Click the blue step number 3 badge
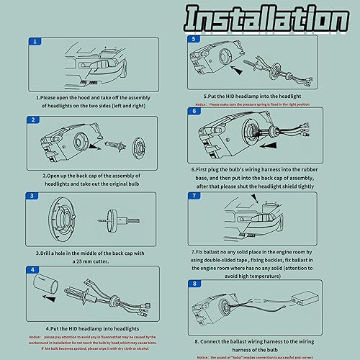point(34,196)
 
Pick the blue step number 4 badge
point(34,269)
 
